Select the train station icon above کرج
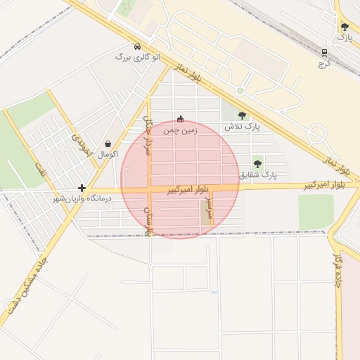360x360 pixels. [x=324, y=53]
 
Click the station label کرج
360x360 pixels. [x=324, y=63]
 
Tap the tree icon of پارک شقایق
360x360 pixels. [x=258, y=163]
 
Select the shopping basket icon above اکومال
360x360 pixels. [x=108, y=143]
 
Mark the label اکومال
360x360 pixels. [x=108, y=153]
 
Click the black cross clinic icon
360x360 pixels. [x=82, y=188]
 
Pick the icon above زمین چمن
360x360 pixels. [x=181, y=119]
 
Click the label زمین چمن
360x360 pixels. [x=181, y=130]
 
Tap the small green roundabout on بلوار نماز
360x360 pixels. [x=240, y=91]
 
